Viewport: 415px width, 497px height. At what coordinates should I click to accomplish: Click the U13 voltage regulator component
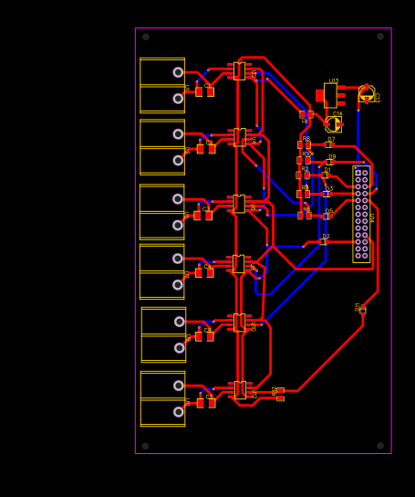pyautogui.click(x=330, y=95)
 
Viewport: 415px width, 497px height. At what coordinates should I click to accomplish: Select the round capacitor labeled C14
pyautogui.click(x=333, y=124)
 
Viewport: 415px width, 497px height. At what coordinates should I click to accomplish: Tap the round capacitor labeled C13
pyautogui.click(x=367, y=93)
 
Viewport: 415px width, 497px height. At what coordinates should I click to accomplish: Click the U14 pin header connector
pyautogui.click(x=361, y=214)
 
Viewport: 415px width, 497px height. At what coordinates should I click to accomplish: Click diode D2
pyautogui.click(x=324, y=241)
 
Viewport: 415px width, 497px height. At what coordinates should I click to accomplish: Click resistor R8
pyautogui.click(x=304, y=144)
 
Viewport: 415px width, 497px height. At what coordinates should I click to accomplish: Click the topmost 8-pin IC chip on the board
pyautogui.click(x=239, y=71)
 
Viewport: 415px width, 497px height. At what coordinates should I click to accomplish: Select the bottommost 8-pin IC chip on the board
pyautogui.click(x=240, y=390)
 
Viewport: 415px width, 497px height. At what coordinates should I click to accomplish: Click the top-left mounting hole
pyautogui.click(x=146, y=37)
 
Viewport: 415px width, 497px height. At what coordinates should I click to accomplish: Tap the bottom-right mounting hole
pyautogui.click(x=380, y=446)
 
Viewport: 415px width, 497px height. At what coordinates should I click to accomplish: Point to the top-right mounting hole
pyautogui.click(x=380, y=37)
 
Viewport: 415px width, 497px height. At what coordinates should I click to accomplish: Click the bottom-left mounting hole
pyautogui.click(x=146, y=446)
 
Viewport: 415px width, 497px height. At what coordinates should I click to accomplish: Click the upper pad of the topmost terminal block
pyautogui.click(x=178, y=72)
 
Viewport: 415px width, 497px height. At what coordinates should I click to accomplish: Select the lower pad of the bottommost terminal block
pyautogui.click(x=179, y=412)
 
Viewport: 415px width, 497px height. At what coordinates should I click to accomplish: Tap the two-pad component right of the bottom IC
pyautogui.click(x=280, y=394)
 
